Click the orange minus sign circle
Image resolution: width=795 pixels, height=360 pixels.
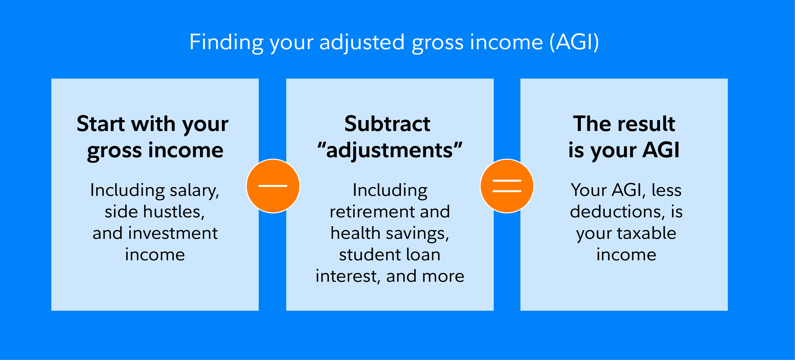pyautogui.click(x=273, y=186)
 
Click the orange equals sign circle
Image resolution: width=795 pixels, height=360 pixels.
pyautogui.click(x=507, y=186)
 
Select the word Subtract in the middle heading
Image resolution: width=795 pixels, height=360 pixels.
pyautogui.click(x=387, y=124)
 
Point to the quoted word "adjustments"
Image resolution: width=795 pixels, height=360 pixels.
pyautogui.click(x=390, y=151)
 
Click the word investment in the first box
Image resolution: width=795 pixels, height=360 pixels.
pyautogui.click(x=173, y=233)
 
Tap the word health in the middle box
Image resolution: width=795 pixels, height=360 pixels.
pyautogui.click(x=355, y=233)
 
